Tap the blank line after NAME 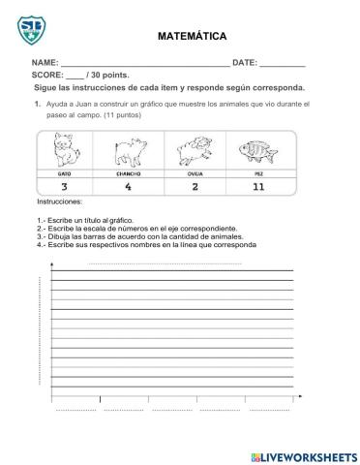tap(145, 64)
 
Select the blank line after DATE tap(283, 64)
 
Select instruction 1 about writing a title tap(83, 221)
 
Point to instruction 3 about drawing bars tap(135, 235)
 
